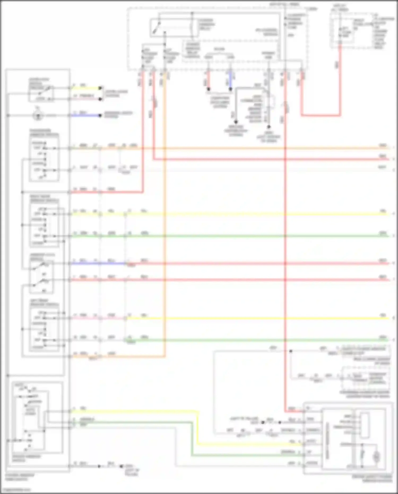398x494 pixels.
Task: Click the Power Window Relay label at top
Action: (x=207, y=24)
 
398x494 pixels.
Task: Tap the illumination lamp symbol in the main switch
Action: (x=38, y=116)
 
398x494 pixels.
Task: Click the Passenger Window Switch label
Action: (x=44, y=133)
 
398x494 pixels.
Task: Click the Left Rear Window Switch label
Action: (x=44, y=303)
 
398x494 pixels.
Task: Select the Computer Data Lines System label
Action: (x=220, y=102)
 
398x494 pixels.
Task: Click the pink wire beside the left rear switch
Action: (x=98, y=318)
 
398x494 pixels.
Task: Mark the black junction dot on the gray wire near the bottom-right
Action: (x=291, y=351)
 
